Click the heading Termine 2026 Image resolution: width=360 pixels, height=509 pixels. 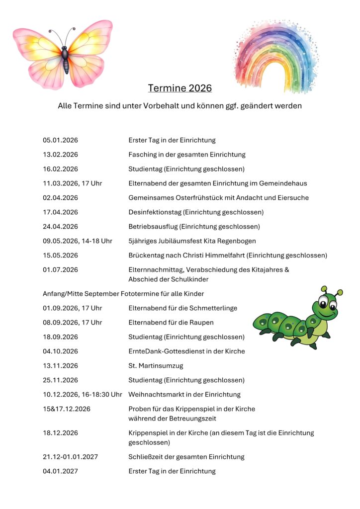point(180,88)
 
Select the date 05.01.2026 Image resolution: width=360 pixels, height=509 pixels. point(60,140)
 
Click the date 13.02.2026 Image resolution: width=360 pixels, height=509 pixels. point(60,155)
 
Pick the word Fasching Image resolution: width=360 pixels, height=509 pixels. point(143,155)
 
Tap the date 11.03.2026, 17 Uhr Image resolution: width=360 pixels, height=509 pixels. point(72,183)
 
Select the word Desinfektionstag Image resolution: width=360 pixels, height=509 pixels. point(155,212)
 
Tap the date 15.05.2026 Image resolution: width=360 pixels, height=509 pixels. point(60,255)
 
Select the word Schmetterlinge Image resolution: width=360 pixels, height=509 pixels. point(212,308)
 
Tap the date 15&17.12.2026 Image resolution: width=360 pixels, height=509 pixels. point(66,409)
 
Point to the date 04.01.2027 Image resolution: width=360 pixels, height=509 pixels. point(60,471)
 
